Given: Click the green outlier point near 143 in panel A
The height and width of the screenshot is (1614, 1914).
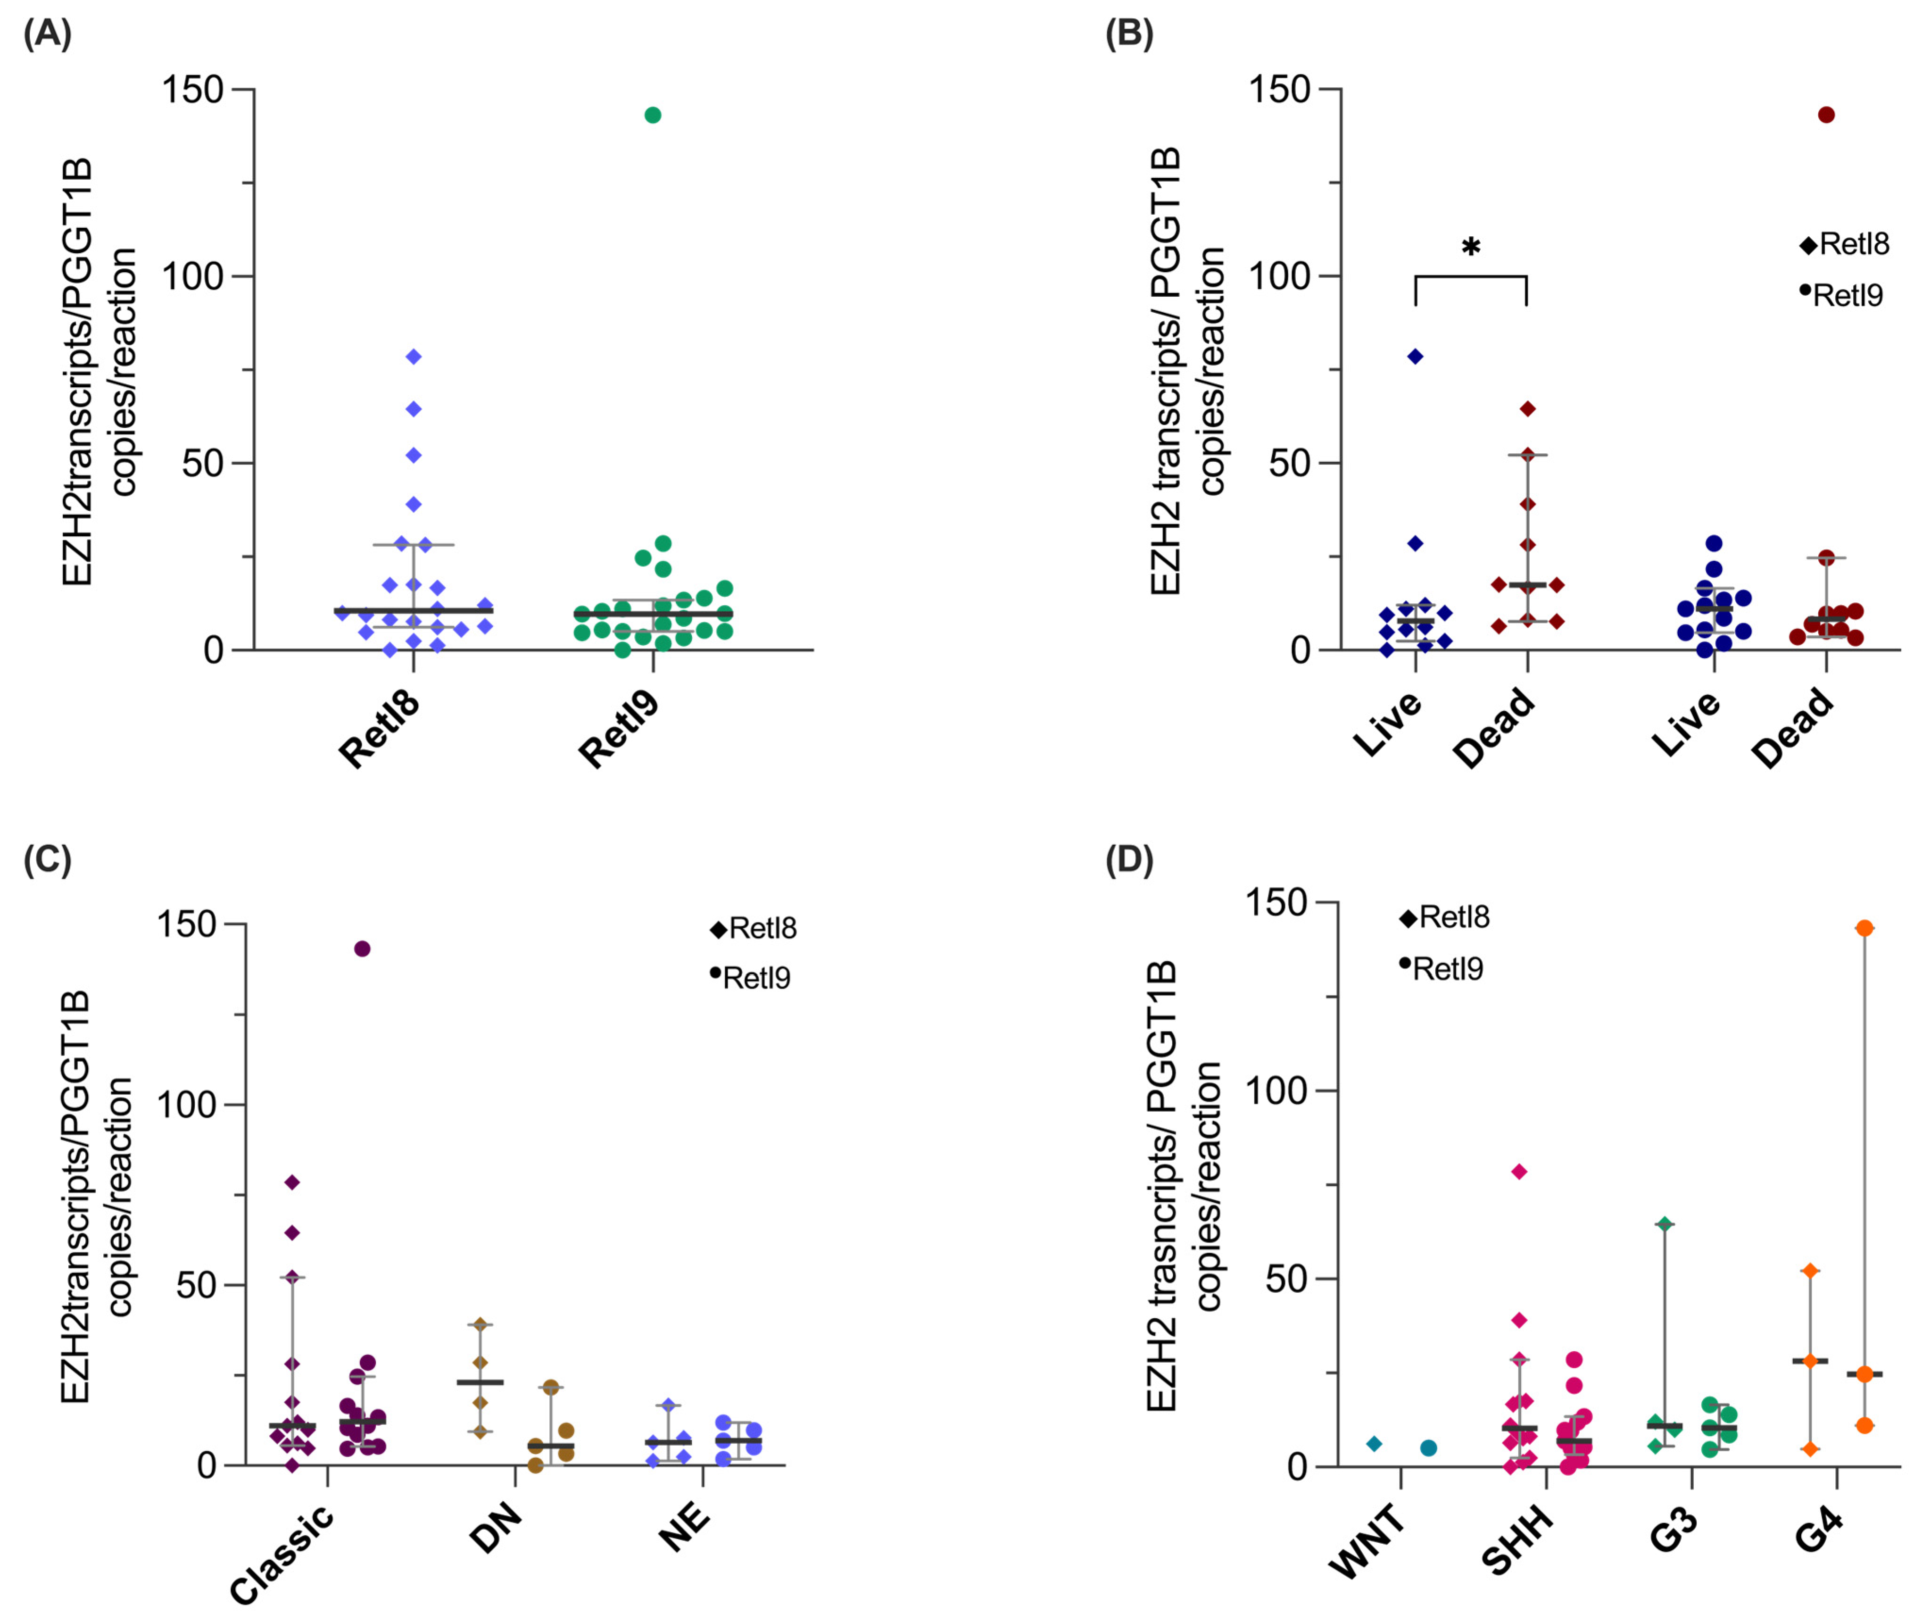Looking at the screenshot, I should pos(652,115).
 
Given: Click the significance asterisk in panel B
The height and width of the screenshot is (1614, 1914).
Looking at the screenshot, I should pos(1470,247).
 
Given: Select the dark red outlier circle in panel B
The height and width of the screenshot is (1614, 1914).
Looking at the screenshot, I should pos(1826,115).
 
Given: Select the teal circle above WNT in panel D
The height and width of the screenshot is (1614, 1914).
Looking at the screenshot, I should pos(1428,1448).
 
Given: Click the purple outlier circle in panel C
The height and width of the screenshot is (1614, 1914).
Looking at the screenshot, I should pos(362,949).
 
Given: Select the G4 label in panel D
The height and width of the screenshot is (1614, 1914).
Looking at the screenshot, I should pos(1818,1531).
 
